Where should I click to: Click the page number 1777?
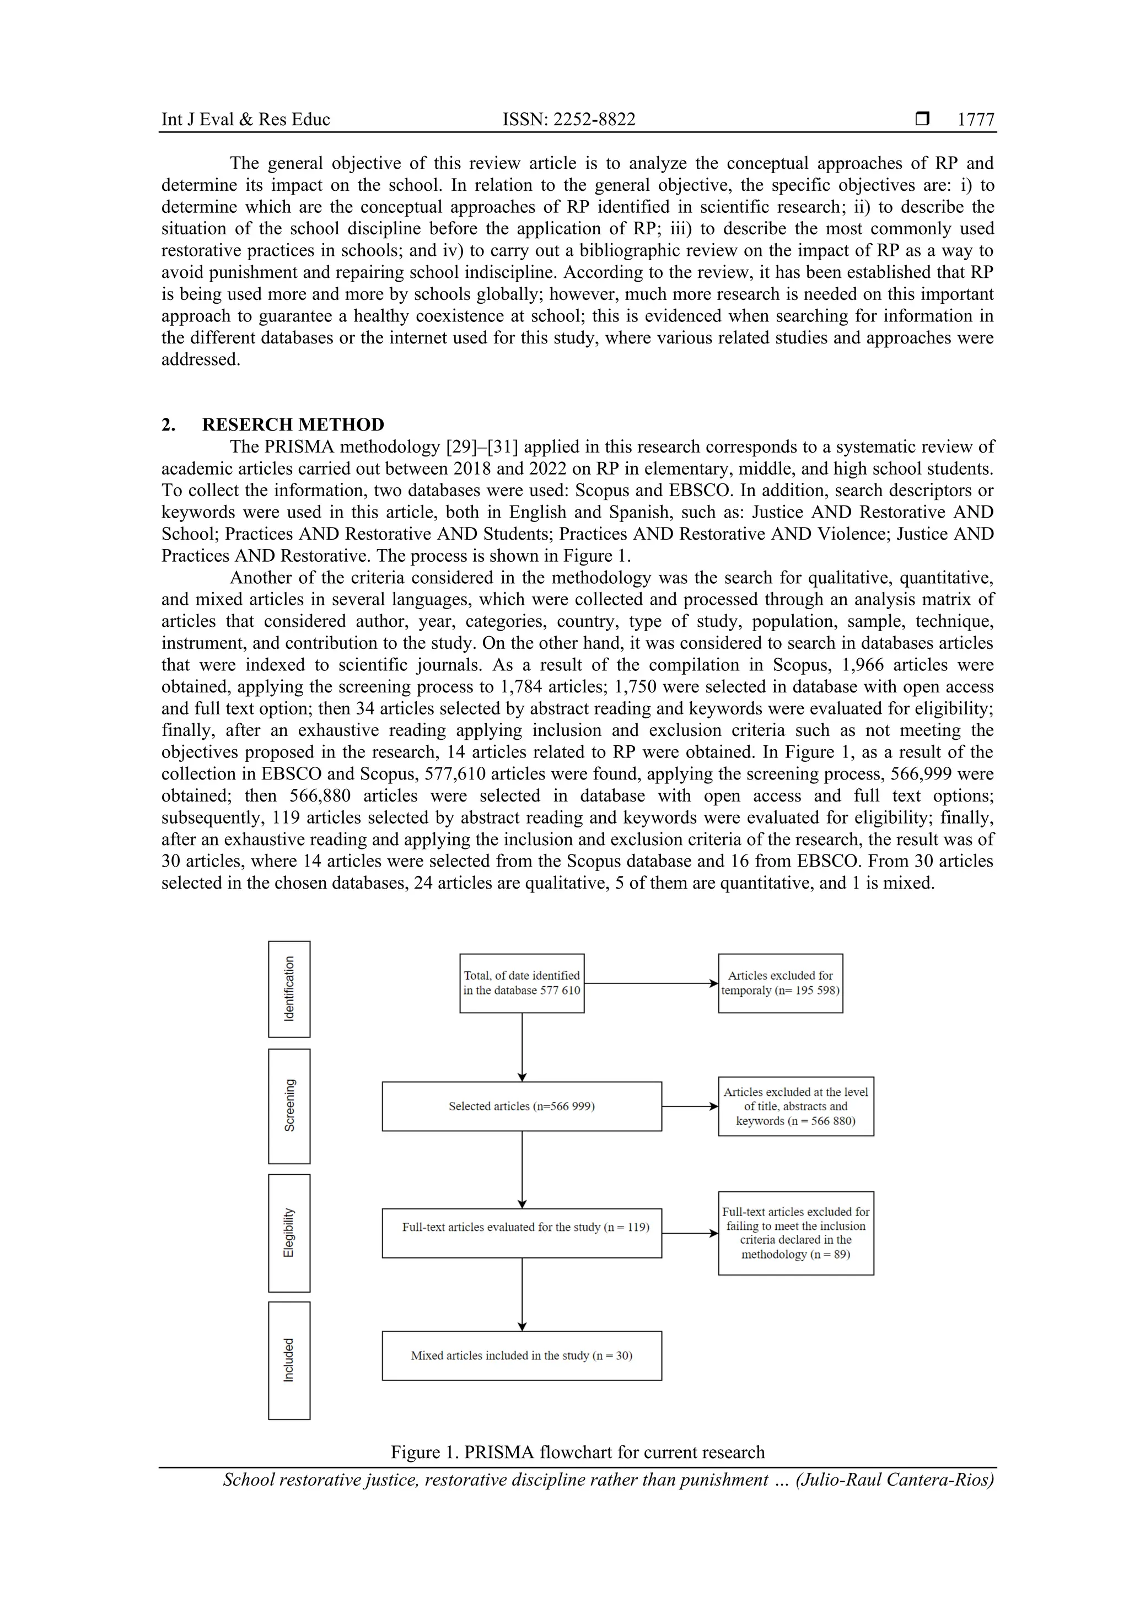[x=975, y=120]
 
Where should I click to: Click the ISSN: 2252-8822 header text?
[x=568, y=120]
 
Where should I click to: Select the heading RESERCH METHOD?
[x=292, y=424]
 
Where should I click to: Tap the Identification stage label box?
[x=289, y=988]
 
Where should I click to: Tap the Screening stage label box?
[x=289, y=1105]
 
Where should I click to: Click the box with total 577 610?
[x=522, y=983]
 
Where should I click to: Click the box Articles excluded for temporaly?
[x=780, y=983]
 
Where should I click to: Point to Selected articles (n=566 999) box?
[x=522, y=1106]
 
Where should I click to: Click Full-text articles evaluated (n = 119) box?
[x=522, y=1233]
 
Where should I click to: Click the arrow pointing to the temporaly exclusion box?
[x=650, y=983]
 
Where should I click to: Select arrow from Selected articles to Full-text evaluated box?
[x=522, y=1169]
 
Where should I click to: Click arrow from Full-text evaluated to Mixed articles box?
[x=522, y=1294]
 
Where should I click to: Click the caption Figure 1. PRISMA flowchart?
[x=577, y=1453]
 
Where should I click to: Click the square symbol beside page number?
[x=922, y=119]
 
